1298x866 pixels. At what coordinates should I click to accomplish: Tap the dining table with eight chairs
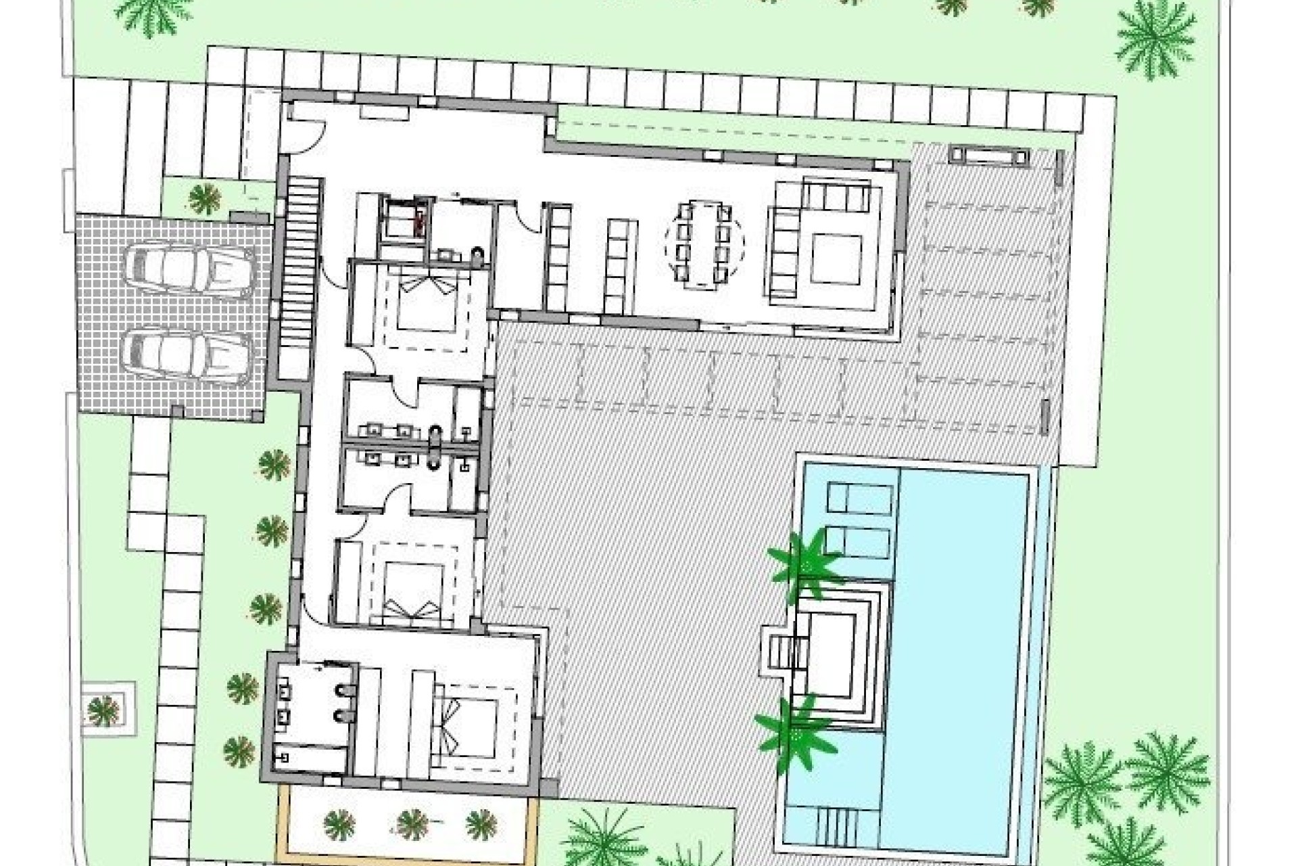704,244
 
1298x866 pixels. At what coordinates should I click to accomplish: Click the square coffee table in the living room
836,258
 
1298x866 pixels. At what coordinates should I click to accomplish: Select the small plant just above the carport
204,198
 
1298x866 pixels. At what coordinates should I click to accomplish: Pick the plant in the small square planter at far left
103,710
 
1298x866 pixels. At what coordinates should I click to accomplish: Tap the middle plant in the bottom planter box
412,824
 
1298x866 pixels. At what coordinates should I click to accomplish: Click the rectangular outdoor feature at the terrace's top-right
989,156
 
